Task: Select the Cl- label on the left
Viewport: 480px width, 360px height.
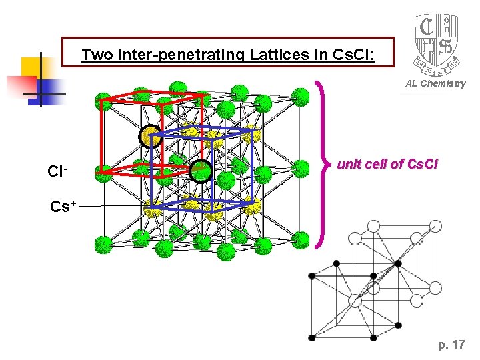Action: pos(57,171)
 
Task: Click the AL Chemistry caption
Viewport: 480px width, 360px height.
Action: pos(435,83)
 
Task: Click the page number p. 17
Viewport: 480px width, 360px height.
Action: pos(451,345)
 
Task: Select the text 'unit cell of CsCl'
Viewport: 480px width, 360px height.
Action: pos(387,163)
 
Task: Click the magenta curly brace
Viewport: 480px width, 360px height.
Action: pos(321,164)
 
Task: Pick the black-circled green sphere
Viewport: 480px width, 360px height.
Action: pos(200,171)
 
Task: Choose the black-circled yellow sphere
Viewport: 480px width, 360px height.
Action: pos(150,137)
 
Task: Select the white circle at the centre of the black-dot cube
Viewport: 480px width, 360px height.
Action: pos(356,301)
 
